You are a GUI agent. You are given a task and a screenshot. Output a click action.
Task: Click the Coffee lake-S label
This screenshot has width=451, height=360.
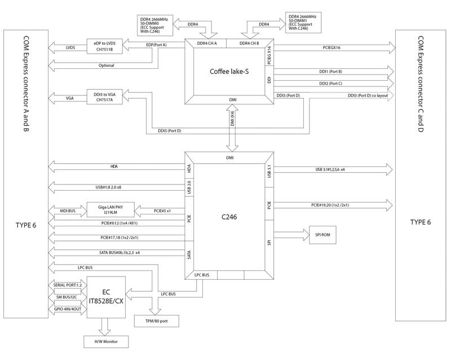click(229, 71)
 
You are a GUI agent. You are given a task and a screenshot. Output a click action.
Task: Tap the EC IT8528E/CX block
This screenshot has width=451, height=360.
click(107, 297)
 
